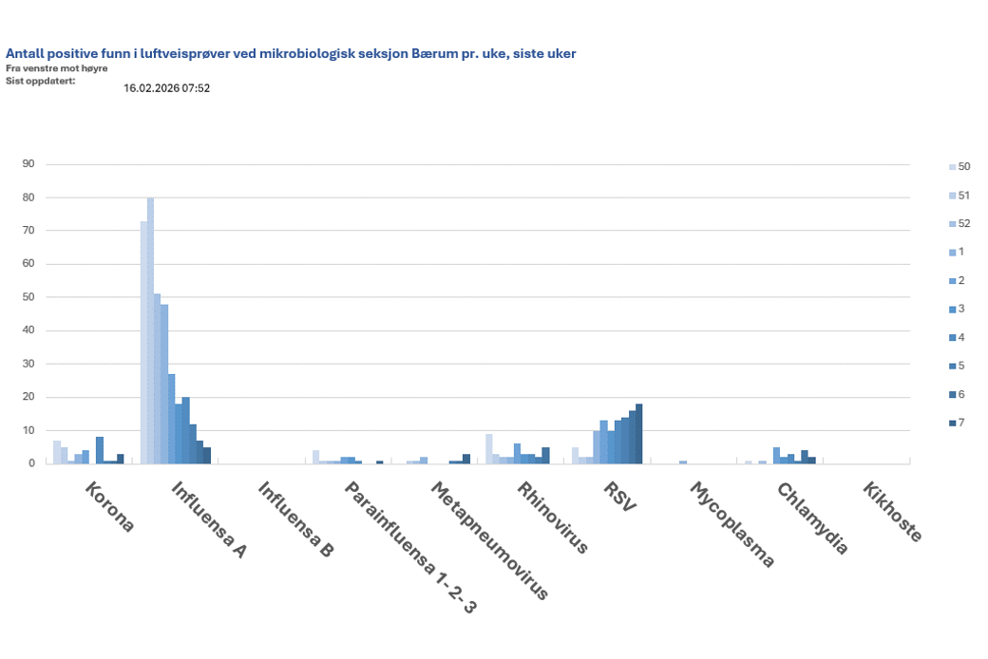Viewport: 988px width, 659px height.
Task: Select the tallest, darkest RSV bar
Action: coord(639,434)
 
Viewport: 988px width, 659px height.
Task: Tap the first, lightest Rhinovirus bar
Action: coord(488,448)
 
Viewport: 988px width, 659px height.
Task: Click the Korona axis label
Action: coord(110,508)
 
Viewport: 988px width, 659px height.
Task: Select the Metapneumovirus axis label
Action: coord(489,541)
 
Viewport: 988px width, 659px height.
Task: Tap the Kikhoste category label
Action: coord(892,513)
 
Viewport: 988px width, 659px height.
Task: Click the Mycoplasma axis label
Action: coord(731,525)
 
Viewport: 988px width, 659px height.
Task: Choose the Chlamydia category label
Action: coord(812,518)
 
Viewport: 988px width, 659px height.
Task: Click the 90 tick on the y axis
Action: coord(28,164)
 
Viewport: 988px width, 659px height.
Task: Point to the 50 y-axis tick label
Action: coord(28,297)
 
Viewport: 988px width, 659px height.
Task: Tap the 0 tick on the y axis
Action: coord(31,463)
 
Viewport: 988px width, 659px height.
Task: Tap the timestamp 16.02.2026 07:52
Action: coord(166,88)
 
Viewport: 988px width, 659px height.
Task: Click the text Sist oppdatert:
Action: coord(40,80)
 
